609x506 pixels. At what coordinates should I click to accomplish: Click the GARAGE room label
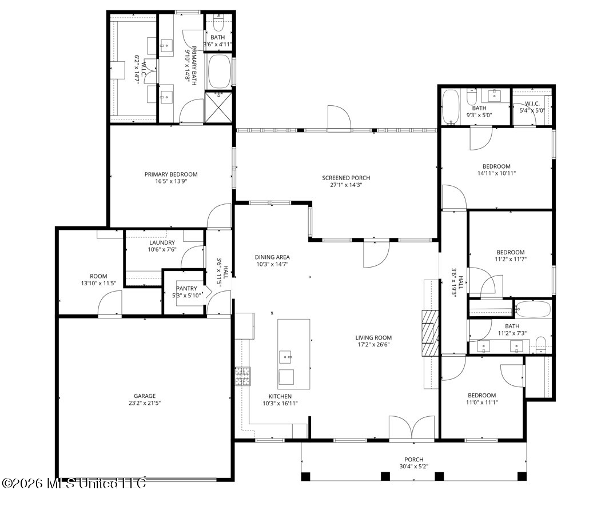(x=145, y=396)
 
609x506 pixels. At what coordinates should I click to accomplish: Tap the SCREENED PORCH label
(x=346, y=178)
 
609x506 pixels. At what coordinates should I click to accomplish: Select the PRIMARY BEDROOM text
(x=171, y=174)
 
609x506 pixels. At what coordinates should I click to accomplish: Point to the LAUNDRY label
(x=162, y=243)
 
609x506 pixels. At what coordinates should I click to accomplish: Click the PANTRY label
(x=186, y=289)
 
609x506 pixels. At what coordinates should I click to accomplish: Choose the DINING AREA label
(x=272, y=257)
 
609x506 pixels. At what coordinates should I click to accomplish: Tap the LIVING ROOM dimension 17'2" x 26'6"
(x=373, y=344)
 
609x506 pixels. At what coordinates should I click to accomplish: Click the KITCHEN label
(x=280, y=396)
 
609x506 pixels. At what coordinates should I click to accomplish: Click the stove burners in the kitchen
(x=243, y=376)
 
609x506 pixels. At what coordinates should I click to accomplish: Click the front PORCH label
(x=413, y=459)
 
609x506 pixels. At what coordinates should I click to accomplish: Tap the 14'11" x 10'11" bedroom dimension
(x=496, y=174)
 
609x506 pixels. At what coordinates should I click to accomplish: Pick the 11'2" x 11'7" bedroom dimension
(x=510, y=260)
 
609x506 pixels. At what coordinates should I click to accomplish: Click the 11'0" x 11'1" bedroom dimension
(x=481, y=403)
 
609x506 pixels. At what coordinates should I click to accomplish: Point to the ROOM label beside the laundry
(x=98, y=277)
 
